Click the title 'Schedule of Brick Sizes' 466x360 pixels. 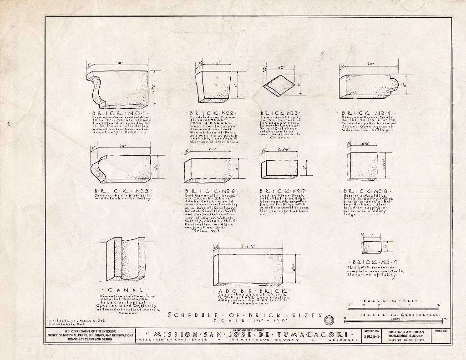[x=245, y=315]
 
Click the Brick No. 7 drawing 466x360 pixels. [x=279, y=169]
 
